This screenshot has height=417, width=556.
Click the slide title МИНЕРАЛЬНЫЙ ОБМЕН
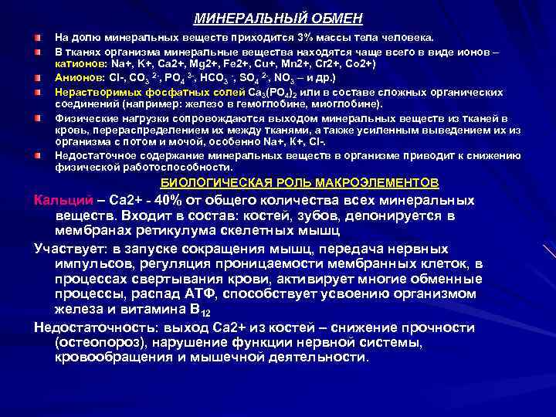277,18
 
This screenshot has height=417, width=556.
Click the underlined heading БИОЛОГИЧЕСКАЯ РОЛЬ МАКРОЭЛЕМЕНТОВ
299,183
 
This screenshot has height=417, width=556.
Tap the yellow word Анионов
78,78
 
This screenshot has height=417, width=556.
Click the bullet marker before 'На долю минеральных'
38,37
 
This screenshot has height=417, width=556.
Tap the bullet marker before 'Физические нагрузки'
38,118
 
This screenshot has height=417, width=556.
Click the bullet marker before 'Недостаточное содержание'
38,154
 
